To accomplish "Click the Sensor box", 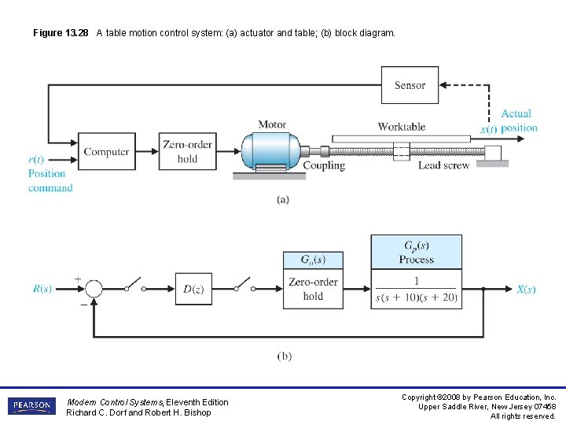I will point(410,85).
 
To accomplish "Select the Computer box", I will point(106,151).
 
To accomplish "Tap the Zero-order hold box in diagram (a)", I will point(187,151).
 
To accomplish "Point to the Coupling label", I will point(324,165).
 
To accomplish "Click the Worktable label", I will point(401,126).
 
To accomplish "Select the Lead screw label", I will point(443,165).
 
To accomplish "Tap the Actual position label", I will point(517,120).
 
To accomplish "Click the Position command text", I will point(50,180).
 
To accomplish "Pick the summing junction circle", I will point(94,289).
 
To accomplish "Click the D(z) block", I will point(193,289).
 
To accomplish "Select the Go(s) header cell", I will point(313,260).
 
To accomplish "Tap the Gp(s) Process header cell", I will point(416,252).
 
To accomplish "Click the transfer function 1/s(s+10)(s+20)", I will point(416,289).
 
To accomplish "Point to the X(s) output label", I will point(526,289).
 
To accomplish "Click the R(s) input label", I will point(42,289).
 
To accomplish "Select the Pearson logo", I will point(31,406).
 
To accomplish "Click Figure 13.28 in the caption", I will point(61,33).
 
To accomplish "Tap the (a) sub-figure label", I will point(283,199).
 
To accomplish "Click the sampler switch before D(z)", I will point(136,285).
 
